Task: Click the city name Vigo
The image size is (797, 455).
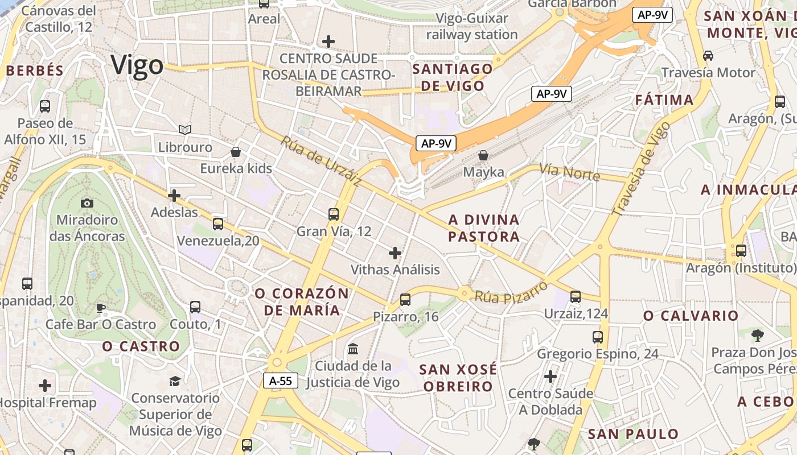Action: tap(137, 65)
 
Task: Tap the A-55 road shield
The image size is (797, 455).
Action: tap(281, 380)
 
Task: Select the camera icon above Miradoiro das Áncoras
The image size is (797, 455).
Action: tap(87, 203)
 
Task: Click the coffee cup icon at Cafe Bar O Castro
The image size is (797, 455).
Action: tap(101, 308)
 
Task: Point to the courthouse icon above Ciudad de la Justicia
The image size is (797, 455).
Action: tap(353, 348)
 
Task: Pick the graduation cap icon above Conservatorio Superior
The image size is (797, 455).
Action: tap(175, 380)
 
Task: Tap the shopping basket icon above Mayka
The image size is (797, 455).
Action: tap(483, 155)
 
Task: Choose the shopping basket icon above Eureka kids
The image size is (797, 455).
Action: tap(236, 152)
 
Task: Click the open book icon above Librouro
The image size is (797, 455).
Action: tap(185, 130)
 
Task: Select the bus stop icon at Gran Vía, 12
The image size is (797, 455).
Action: tap(334, 214)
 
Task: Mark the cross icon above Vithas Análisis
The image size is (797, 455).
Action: tap(395, 253)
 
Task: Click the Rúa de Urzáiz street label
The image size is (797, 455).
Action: tap(321, 161)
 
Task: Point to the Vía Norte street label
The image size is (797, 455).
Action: tap(569, 172)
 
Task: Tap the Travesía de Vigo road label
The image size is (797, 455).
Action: tap(641, 168)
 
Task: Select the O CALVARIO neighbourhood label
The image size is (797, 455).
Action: tap(691, 316)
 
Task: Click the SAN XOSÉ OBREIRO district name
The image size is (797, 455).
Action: tap(457, 378)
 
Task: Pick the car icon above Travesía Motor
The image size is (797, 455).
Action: tap(708, 56)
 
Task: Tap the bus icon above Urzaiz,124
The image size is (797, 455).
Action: tap(576, 296)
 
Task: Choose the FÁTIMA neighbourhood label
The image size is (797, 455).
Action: tap(664, 101)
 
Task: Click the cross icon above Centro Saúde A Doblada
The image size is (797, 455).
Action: tap(550, 376)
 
